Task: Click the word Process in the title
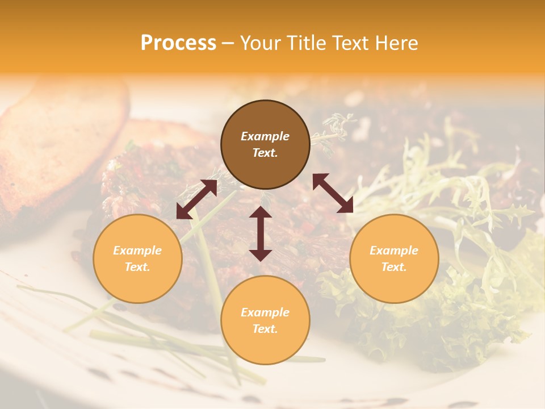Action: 178,43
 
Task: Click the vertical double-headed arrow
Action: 261,233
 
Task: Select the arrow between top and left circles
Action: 196,199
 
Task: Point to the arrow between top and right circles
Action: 333,193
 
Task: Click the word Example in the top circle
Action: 265,136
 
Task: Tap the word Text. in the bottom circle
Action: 265,329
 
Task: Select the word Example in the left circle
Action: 137,251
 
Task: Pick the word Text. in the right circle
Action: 394,267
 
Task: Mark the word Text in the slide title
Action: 349,43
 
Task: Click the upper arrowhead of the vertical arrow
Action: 261,214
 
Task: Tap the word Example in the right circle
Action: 394,251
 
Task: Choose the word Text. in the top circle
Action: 265,153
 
